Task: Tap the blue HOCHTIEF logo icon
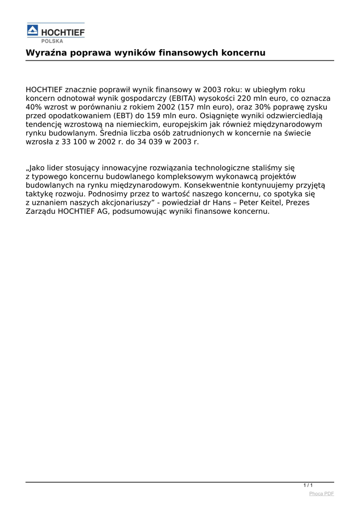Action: point(32,31)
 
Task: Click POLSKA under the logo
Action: point(52,41)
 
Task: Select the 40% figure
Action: point(34,107)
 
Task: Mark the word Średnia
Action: point(114,133)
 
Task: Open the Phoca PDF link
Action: point(321,494)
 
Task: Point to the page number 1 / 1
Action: point(308,485)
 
